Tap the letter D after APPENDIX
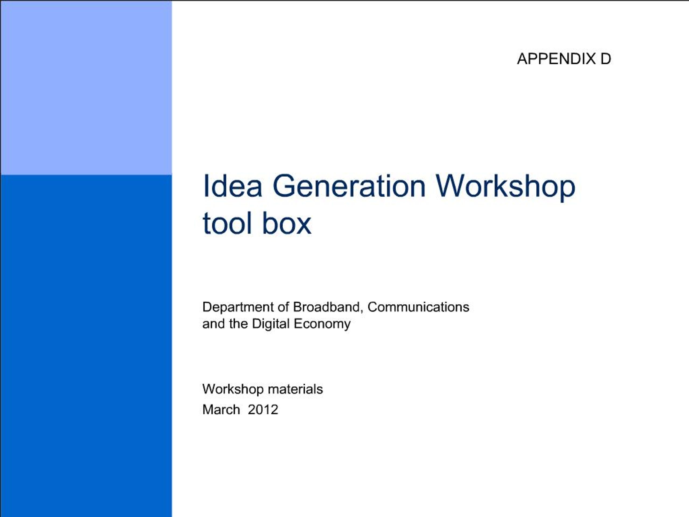(x=606, y=59)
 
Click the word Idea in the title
(x=232, y=187)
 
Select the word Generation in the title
(x=349, y=187)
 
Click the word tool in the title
(x=227, y=223)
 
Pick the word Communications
(x=418, y=307)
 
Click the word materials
(x=295, y=389)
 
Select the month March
(x=221, y=410)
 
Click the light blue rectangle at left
(x=86, y=87)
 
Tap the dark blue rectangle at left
(x=86, y=343)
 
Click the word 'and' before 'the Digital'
(x=214, y=324)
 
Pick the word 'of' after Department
(x=283, y=307)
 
